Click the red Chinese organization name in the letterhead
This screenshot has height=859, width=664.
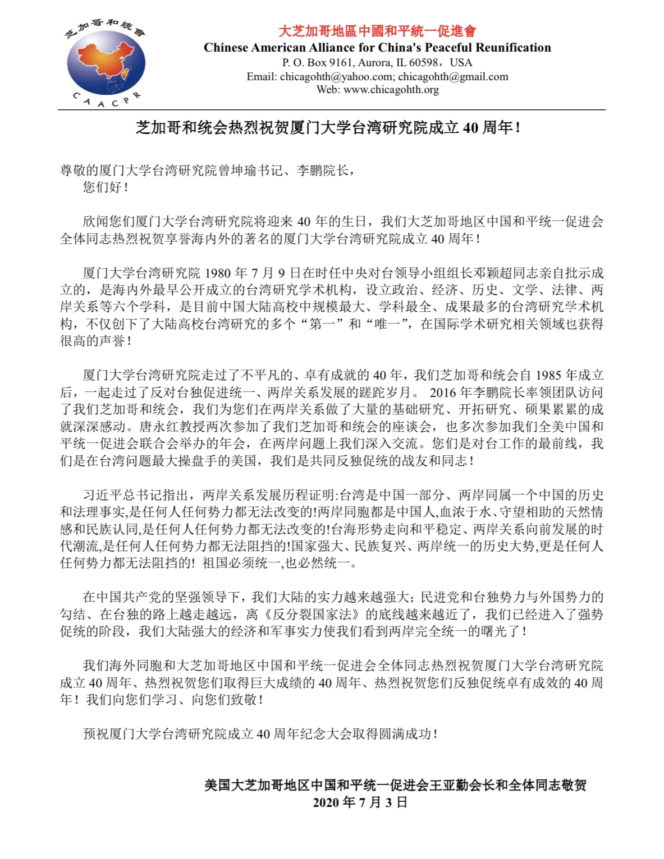click(377, 31)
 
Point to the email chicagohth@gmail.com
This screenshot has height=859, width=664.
click(453, 77)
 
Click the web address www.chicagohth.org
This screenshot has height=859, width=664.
click(391, 90)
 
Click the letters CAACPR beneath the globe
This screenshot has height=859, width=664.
click(106, 101)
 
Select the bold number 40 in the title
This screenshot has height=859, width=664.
click(470, 128)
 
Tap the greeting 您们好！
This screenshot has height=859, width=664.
click(106, 187)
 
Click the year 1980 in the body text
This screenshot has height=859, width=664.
click(217, 273)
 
